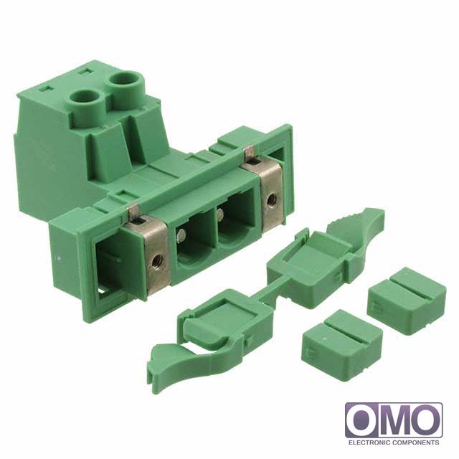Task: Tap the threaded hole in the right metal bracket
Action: [x=273, y=199]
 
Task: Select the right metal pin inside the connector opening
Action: [x=221, y=214]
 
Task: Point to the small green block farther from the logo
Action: [x=341, y=344]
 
